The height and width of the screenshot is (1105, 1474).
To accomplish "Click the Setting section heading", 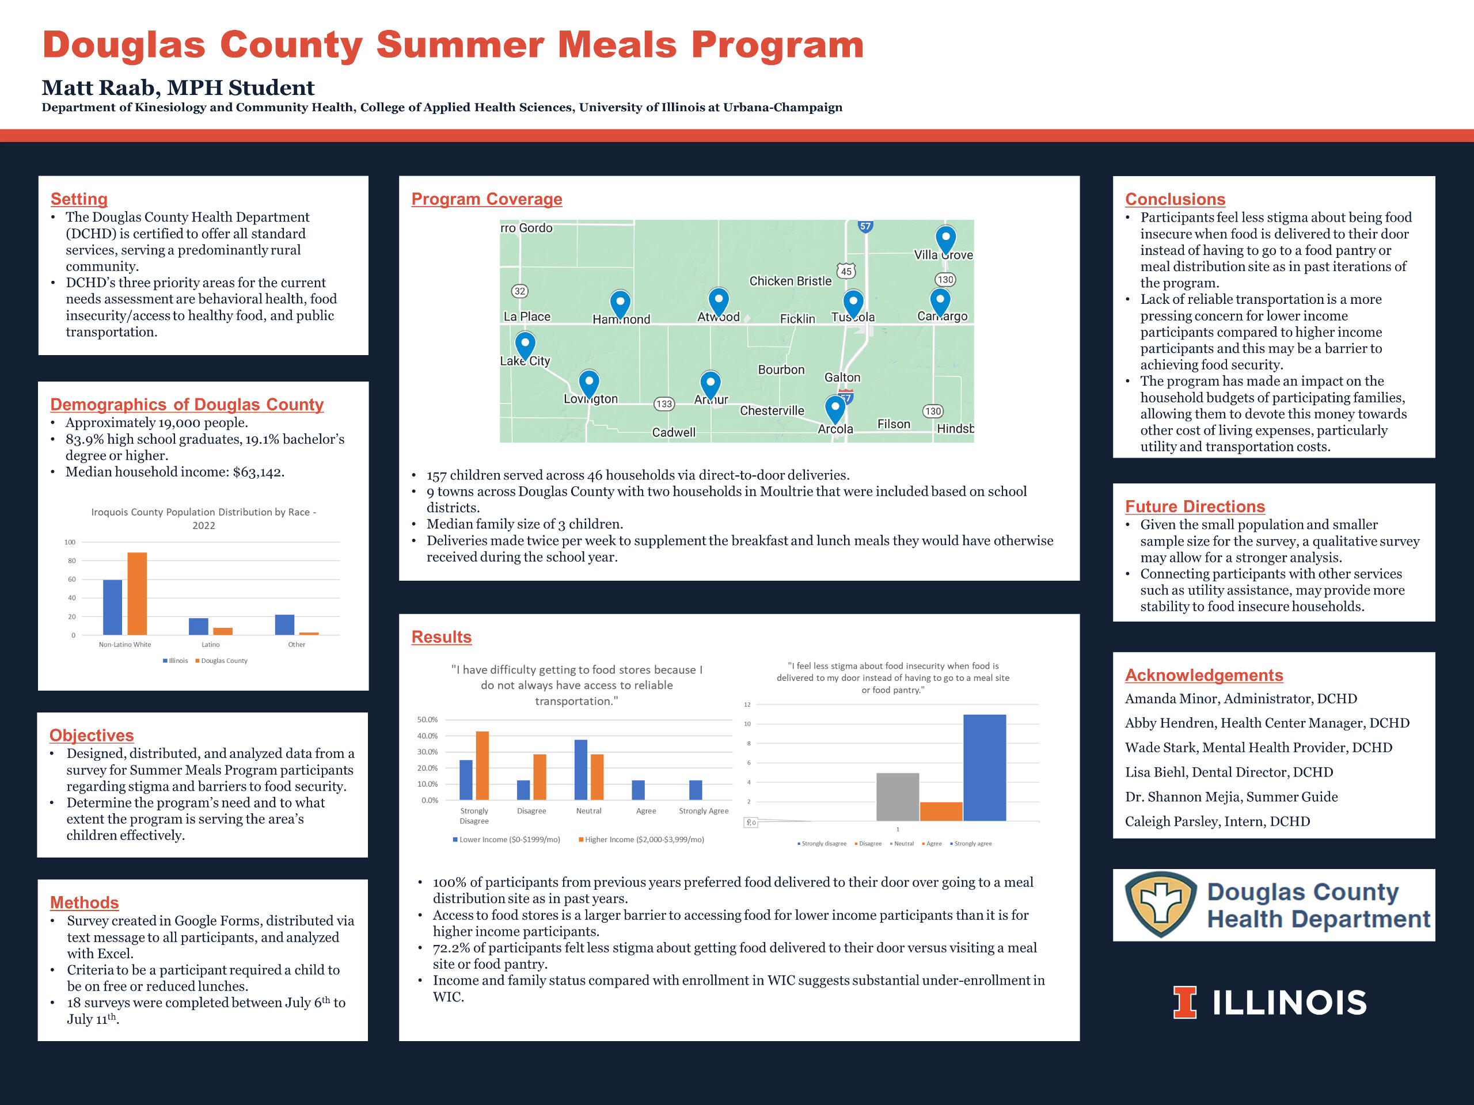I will click(x=79, y=199).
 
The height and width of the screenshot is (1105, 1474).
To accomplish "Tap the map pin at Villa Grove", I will click(x=945, y=238).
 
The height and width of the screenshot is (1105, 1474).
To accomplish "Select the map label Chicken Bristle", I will click(x=791, y=281).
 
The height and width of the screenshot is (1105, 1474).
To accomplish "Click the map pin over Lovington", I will click(x=589, y=383).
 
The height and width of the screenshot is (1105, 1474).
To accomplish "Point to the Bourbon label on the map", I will click(x=781, y=369).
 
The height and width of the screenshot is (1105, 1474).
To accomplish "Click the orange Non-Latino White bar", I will click(x=136, y=593).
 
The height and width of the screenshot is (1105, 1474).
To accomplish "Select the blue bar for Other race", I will click(x=284, y=625).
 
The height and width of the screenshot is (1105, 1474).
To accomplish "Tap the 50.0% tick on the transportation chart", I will click(x=427, y=720).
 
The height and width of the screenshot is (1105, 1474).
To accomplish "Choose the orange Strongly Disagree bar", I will click(x=482, y=765).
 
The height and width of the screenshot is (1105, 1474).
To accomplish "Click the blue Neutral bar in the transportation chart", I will click(x=581, y=769).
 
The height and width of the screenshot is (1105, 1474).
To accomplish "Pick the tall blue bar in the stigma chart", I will click(x=984, y=767).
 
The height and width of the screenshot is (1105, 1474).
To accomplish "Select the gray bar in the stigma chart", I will click(x=898, y=797).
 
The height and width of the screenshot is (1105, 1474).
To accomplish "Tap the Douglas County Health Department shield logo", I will click(x=1161, y=905).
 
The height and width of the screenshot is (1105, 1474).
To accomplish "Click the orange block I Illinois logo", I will click(x=1185, y=1003).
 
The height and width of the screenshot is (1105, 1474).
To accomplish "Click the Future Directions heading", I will click(x=1195, y=507).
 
